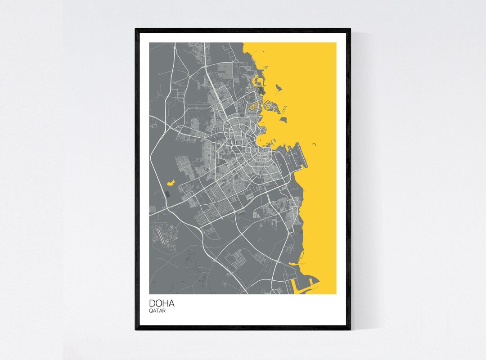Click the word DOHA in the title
tap(162, 304)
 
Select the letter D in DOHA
tap(153, 304)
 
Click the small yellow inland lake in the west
tap(171, 183)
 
